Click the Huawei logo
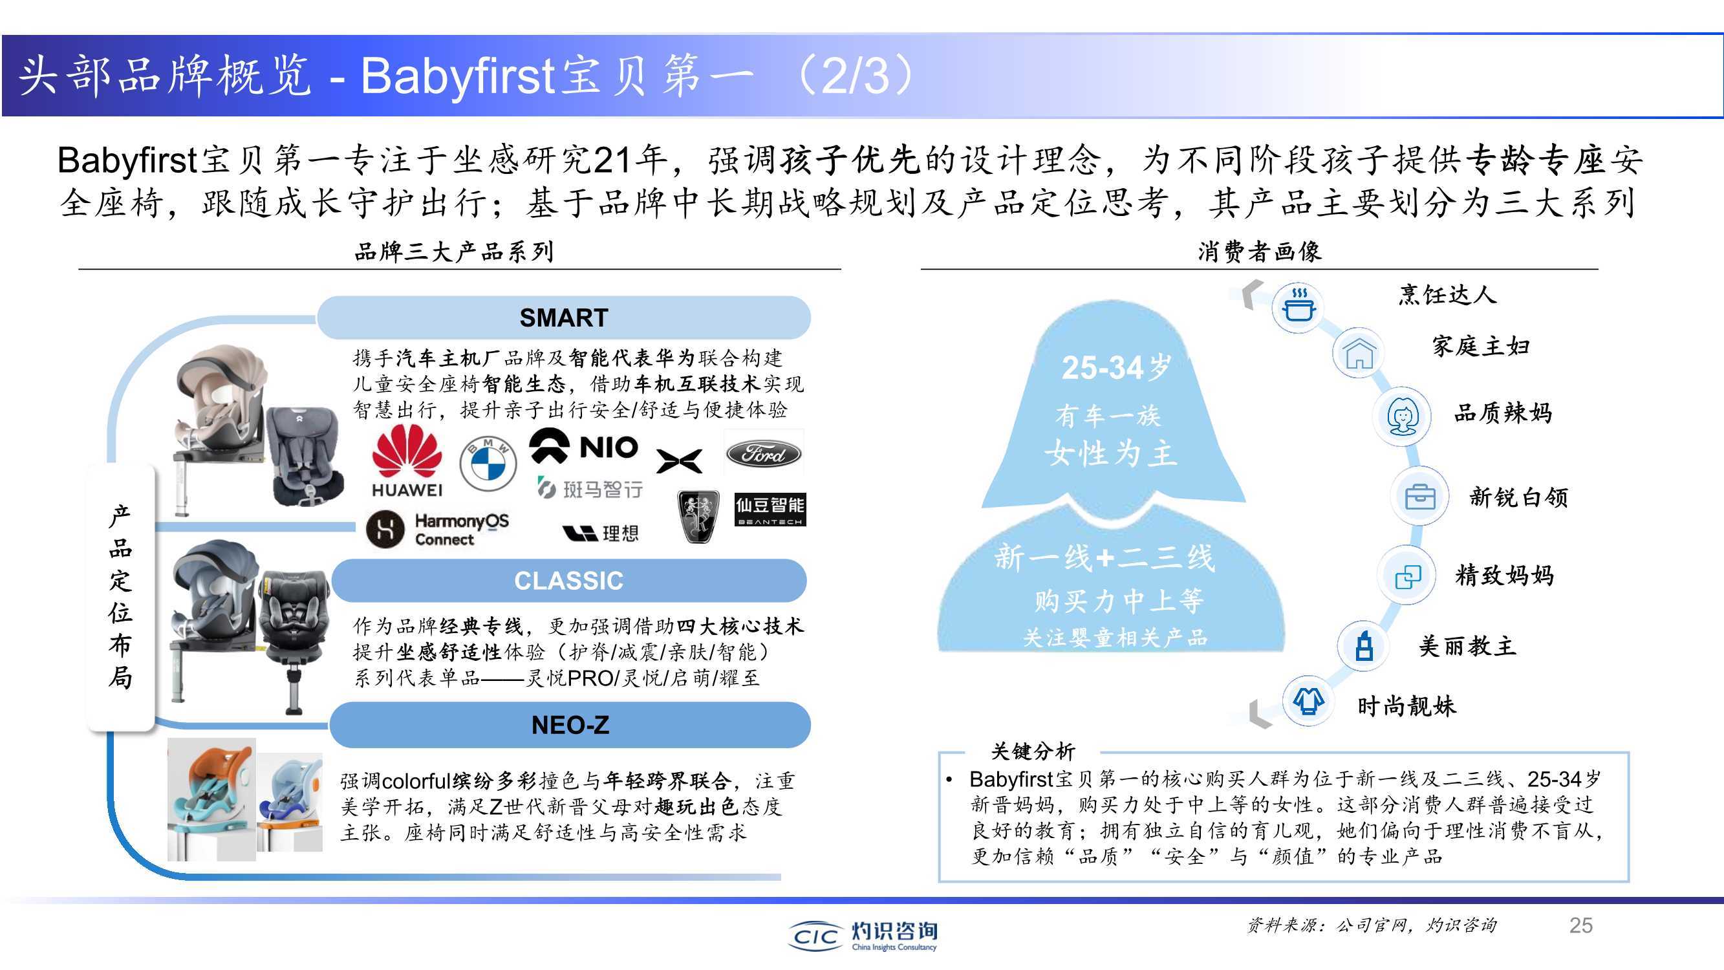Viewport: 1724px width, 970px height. (407, 462)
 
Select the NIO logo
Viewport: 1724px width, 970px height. (583, 446)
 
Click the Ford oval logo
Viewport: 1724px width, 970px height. (764, 455)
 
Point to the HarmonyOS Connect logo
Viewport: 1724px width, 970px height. (438, 529)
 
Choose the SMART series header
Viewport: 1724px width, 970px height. (563, 318)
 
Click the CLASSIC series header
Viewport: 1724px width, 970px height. (569, 581)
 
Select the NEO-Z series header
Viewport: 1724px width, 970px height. (570, 725)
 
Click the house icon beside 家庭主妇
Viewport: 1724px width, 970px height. (1359, 353)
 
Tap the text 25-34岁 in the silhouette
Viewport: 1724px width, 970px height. (1116, 367)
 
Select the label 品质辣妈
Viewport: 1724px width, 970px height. (1502, 413)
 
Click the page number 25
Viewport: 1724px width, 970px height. (1581, 925)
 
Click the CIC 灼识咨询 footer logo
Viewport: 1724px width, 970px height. (863, 935)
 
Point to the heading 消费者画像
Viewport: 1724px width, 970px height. (1260, 252)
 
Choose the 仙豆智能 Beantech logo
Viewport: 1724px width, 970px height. (770, 510)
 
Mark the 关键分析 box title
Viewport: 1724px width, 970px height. (1033, 751)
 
